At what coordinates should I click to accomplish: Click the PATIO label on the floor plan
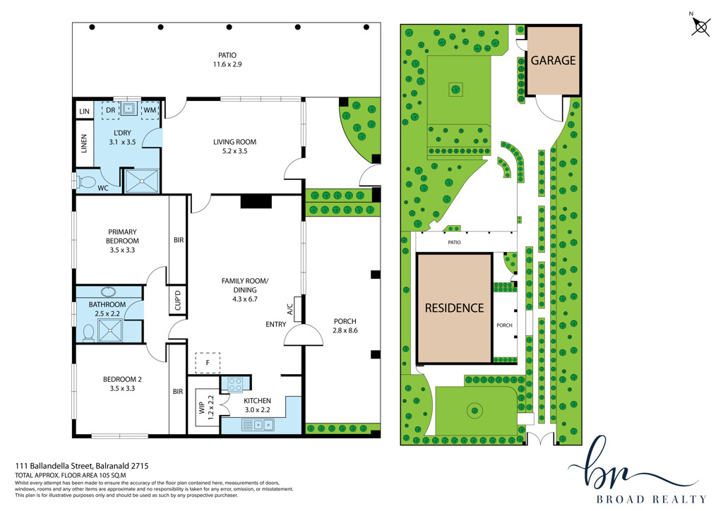(x=227, y=55)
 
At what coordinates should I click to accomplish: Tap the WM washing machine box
(x=150, y=110)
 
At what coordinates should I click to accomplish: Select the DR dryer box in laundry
(x=111, y=110)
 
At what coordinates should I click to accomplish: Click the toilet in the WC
(x=85, y=181)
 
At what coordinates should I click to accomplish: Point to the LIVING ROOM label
(x=234, y=141)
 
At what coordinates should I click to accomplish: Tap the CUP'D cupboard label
(x=178, y=299)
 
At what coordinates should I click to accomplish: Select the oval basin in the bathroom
(x=109, y=292)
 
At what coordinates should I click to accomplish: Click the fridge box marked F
(x=208, y=363)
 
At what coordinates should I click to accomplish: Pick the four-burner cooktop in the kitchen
(x=235, y=385)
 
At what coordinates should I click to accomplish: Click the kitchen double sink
(x=258, y=424)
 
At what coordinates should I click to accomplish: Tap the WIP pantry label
(x=202, y=407)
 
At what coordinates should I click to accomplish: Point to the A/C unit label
(x=290, y=308)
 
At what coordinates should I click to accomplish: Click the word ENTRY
(x=276, y=325)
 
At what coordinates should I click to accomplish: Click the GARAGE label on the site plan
(x=554, y=61)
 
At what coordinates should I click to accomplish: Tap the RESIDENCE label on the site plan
(x=454, y=308)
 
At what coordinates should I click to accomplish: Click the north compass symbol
(x=700, y=26)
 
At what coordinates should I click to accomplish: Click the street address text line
(x=82, y=466)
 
